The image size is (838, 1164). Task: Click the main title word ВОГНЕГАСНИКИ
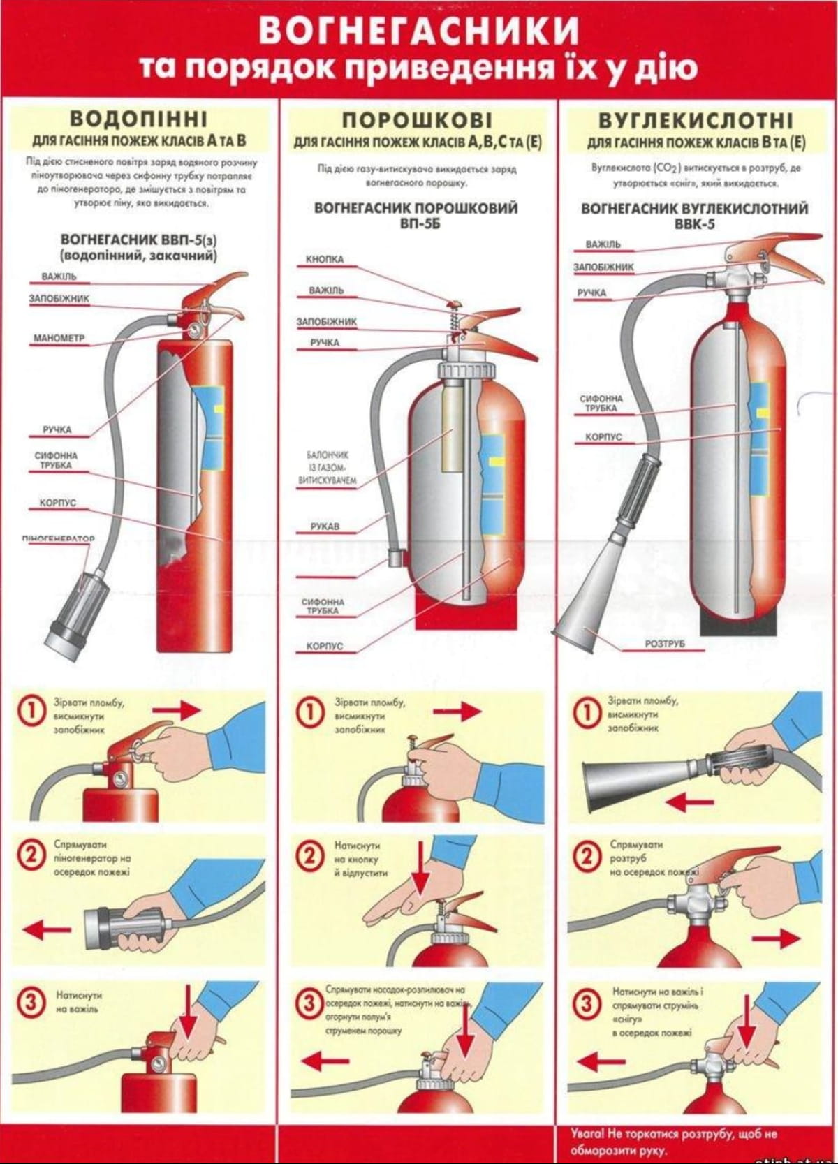pos(419,30)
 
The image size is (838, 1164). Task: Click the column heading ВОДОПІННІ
pos(140,117)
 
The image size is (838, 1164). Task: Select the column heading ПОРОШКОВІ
pos(418,118)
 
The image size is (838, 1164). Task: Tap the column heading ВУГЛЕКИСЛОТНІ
pos(696,119)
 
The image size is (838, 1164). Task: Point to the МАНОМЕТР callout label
pos(59,339)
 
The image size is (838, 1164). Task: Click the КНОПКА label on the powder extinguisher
pos(325,260)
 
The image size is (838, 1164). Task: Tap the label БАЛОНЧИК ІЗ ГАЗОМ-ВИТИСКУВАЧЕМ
pos(327,467)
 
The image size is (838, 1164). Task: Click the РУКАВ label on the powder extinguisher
pos(325,526)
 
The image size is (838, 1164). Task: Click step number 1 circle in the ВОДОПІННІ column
pos(31,711)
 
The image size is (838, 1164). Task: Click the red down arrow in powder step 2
pos(421,867)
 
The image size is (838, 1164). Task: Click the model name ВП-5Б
pos(416,223)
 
